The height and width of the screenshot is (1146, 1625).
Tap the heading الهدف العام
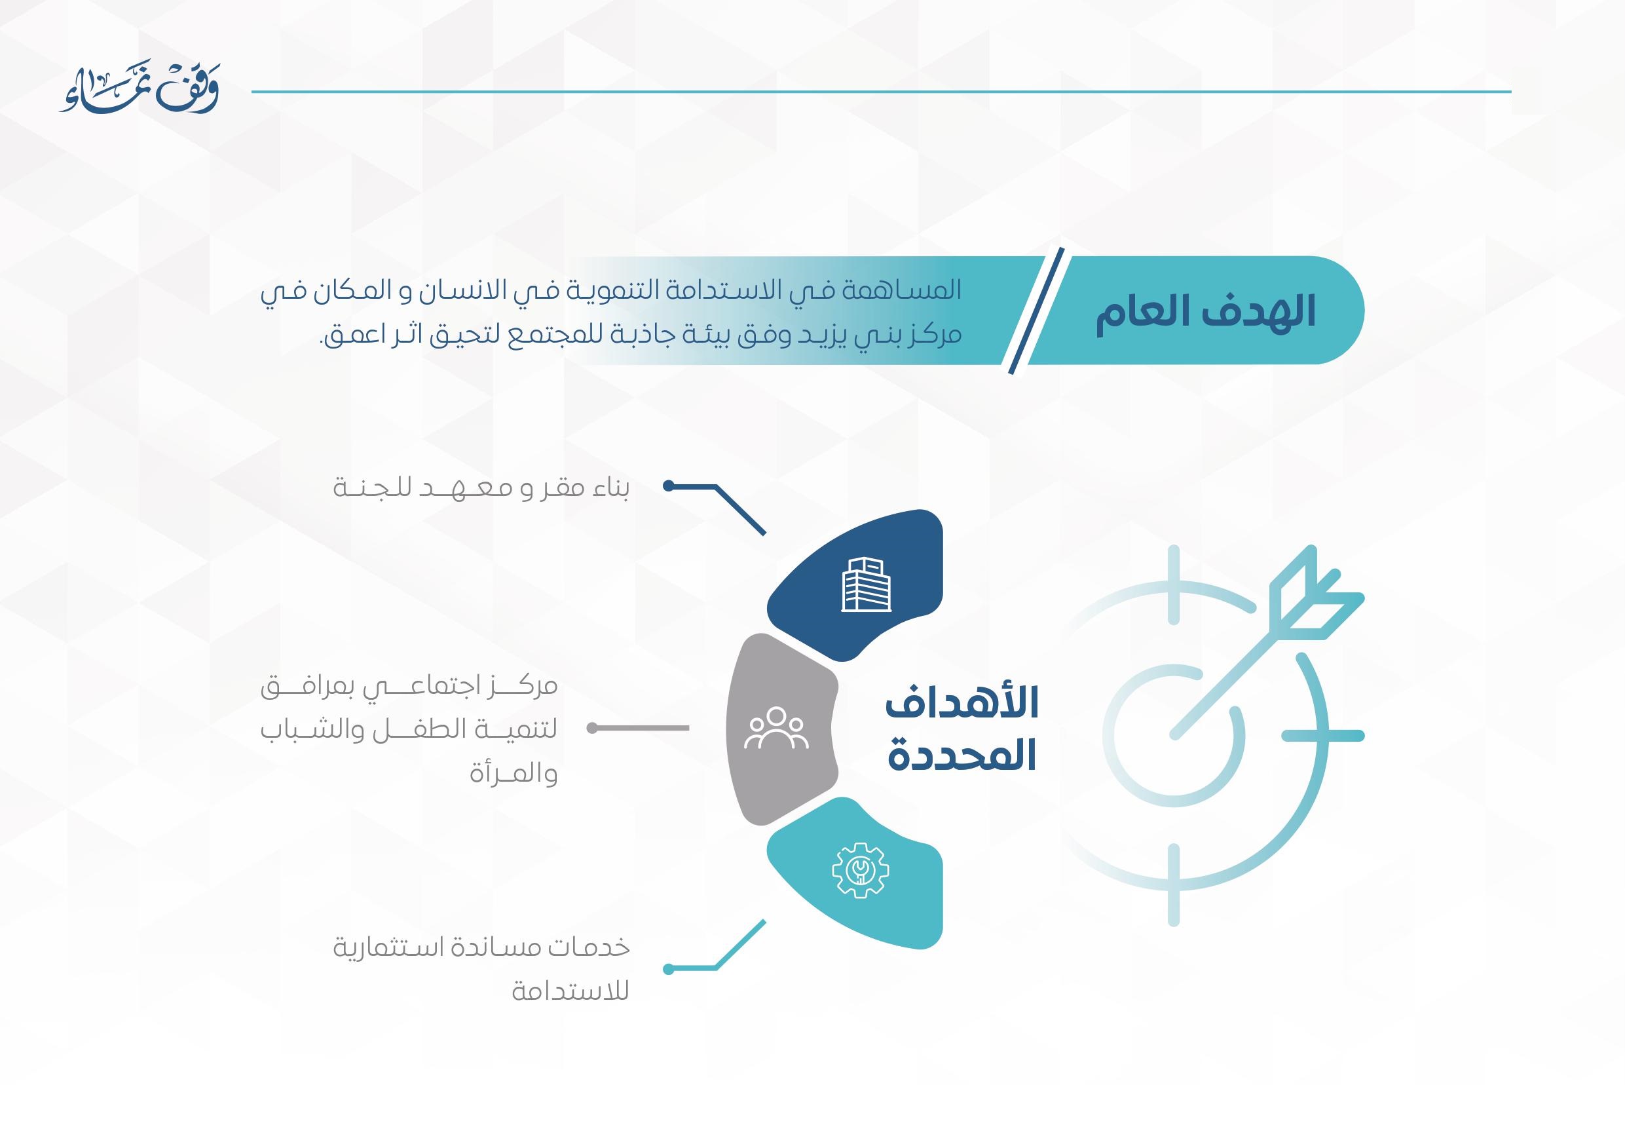click(x=1205, y=312)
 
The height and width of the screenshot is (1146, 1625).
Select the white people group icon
click(x=775, y=729)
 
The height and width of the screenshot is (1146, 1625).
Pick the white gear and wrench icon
click(x=860, y=870)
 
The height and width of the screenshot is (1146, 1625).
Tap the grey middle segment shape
click(x=781, y=729)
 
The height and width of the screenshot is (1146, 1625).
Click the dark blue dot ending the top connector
click(x=668, y=486)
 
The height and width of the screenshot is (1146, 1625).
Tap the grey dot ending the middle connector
click(x=592, y=728)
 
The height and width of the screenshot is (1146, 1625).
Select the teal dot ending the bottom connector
click(x=668, y=969)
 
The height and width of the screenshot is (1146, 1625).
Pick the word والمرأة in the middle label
click(x=513, y=774)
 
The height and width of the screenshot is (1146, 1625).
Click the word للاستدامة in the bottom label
click(x=570, y=991)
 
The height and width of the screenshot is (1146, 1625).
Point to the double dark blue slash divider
click(x=1036, y=311)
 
